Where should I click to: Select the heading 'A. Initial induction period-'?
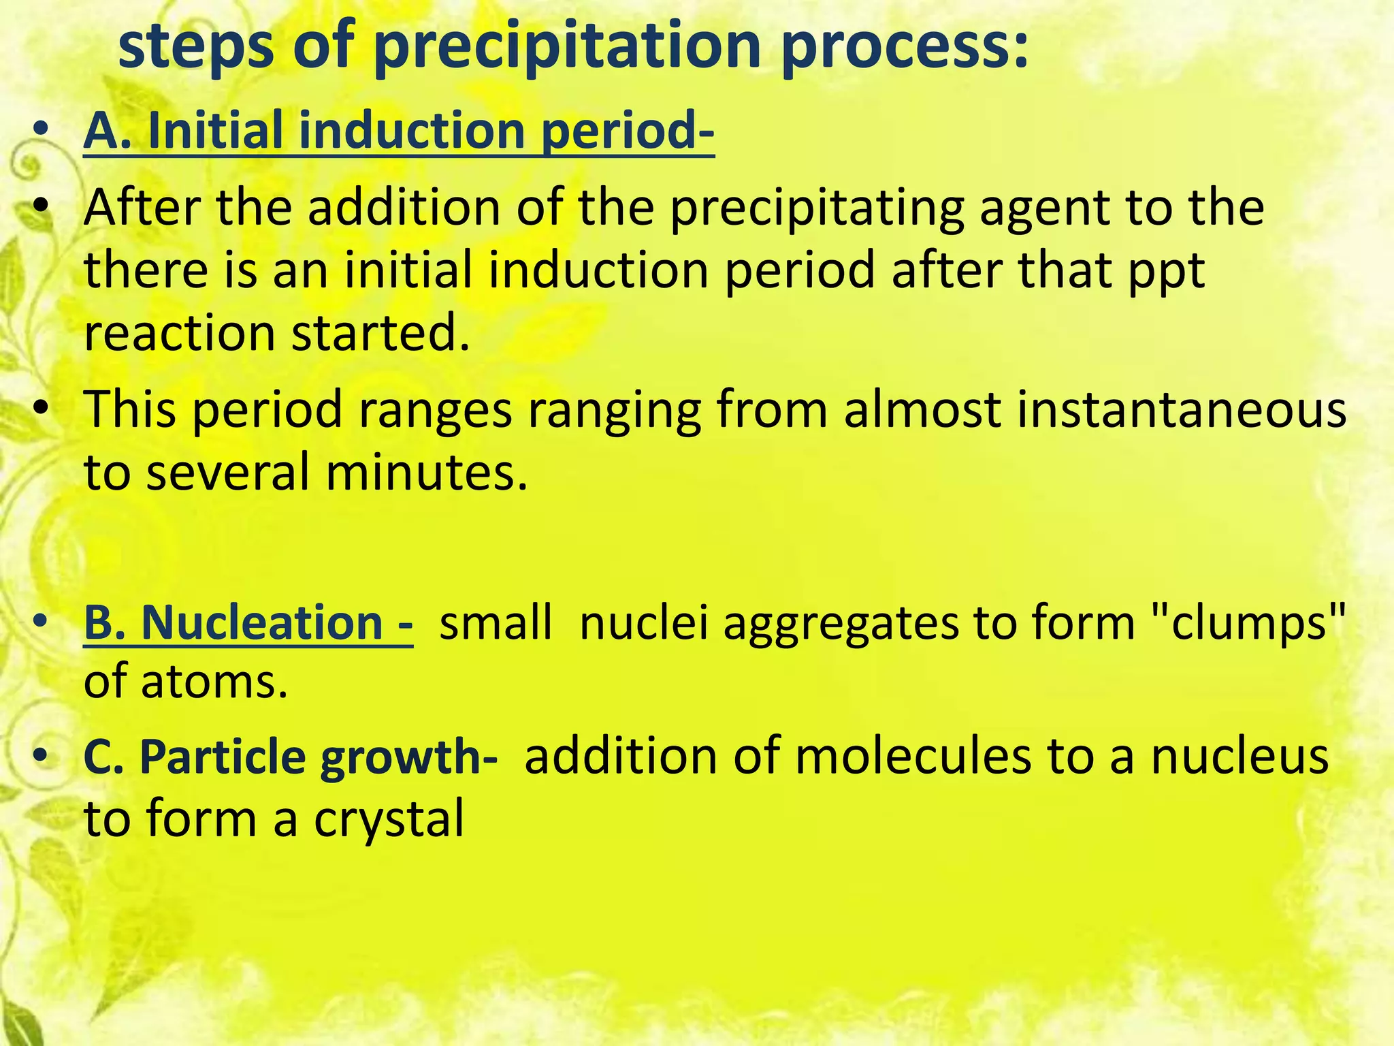399,131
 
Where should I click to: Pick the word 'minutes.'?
426,473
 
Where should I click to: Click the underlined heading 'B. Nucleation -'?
248,623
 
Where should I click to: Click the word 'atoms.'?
215,682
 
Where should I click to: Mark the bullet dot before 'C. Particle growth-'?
42,756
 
